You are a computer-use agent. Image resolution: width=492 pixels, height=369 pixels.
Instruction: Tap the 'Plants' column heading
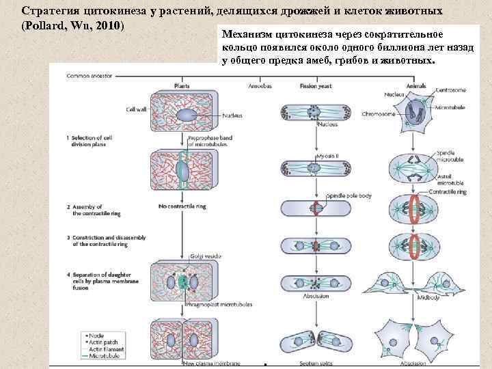[182, 87]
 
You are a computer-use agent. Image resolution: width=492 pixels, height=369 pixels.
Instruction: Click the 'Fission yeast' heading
[315, 87]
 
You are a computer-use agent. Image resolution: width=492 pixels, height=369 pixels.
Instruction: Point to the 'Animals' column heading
[416, 87]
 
